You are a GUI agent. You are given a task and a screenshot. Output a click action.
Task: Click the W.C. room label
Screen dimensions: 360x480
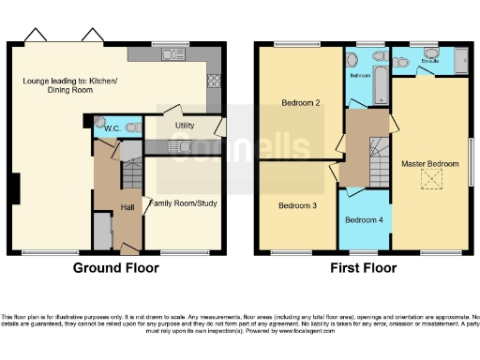110,128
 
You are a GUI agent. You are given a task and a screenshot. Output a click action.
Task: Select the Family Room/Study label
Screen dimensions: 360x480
184,202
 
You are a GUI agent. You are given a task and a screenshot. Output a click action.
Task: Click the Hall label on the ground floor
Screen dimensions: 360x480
127,207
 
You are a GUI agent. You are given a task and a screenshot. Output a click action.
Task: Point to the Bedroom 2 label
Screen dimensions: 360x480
300,104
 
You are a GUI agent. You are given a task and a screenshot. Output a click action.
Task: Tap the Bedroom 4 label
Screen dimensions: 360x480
362,220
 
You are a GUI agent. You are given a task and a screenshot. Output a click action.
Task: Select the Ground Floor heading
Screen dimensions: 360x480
116,268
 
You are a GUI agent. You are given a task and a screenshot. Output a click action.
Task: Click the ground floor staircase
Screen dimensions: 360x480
131,173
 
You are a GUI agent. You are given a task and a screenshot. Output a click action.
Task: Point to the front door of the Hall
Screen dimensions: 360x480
126,247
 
